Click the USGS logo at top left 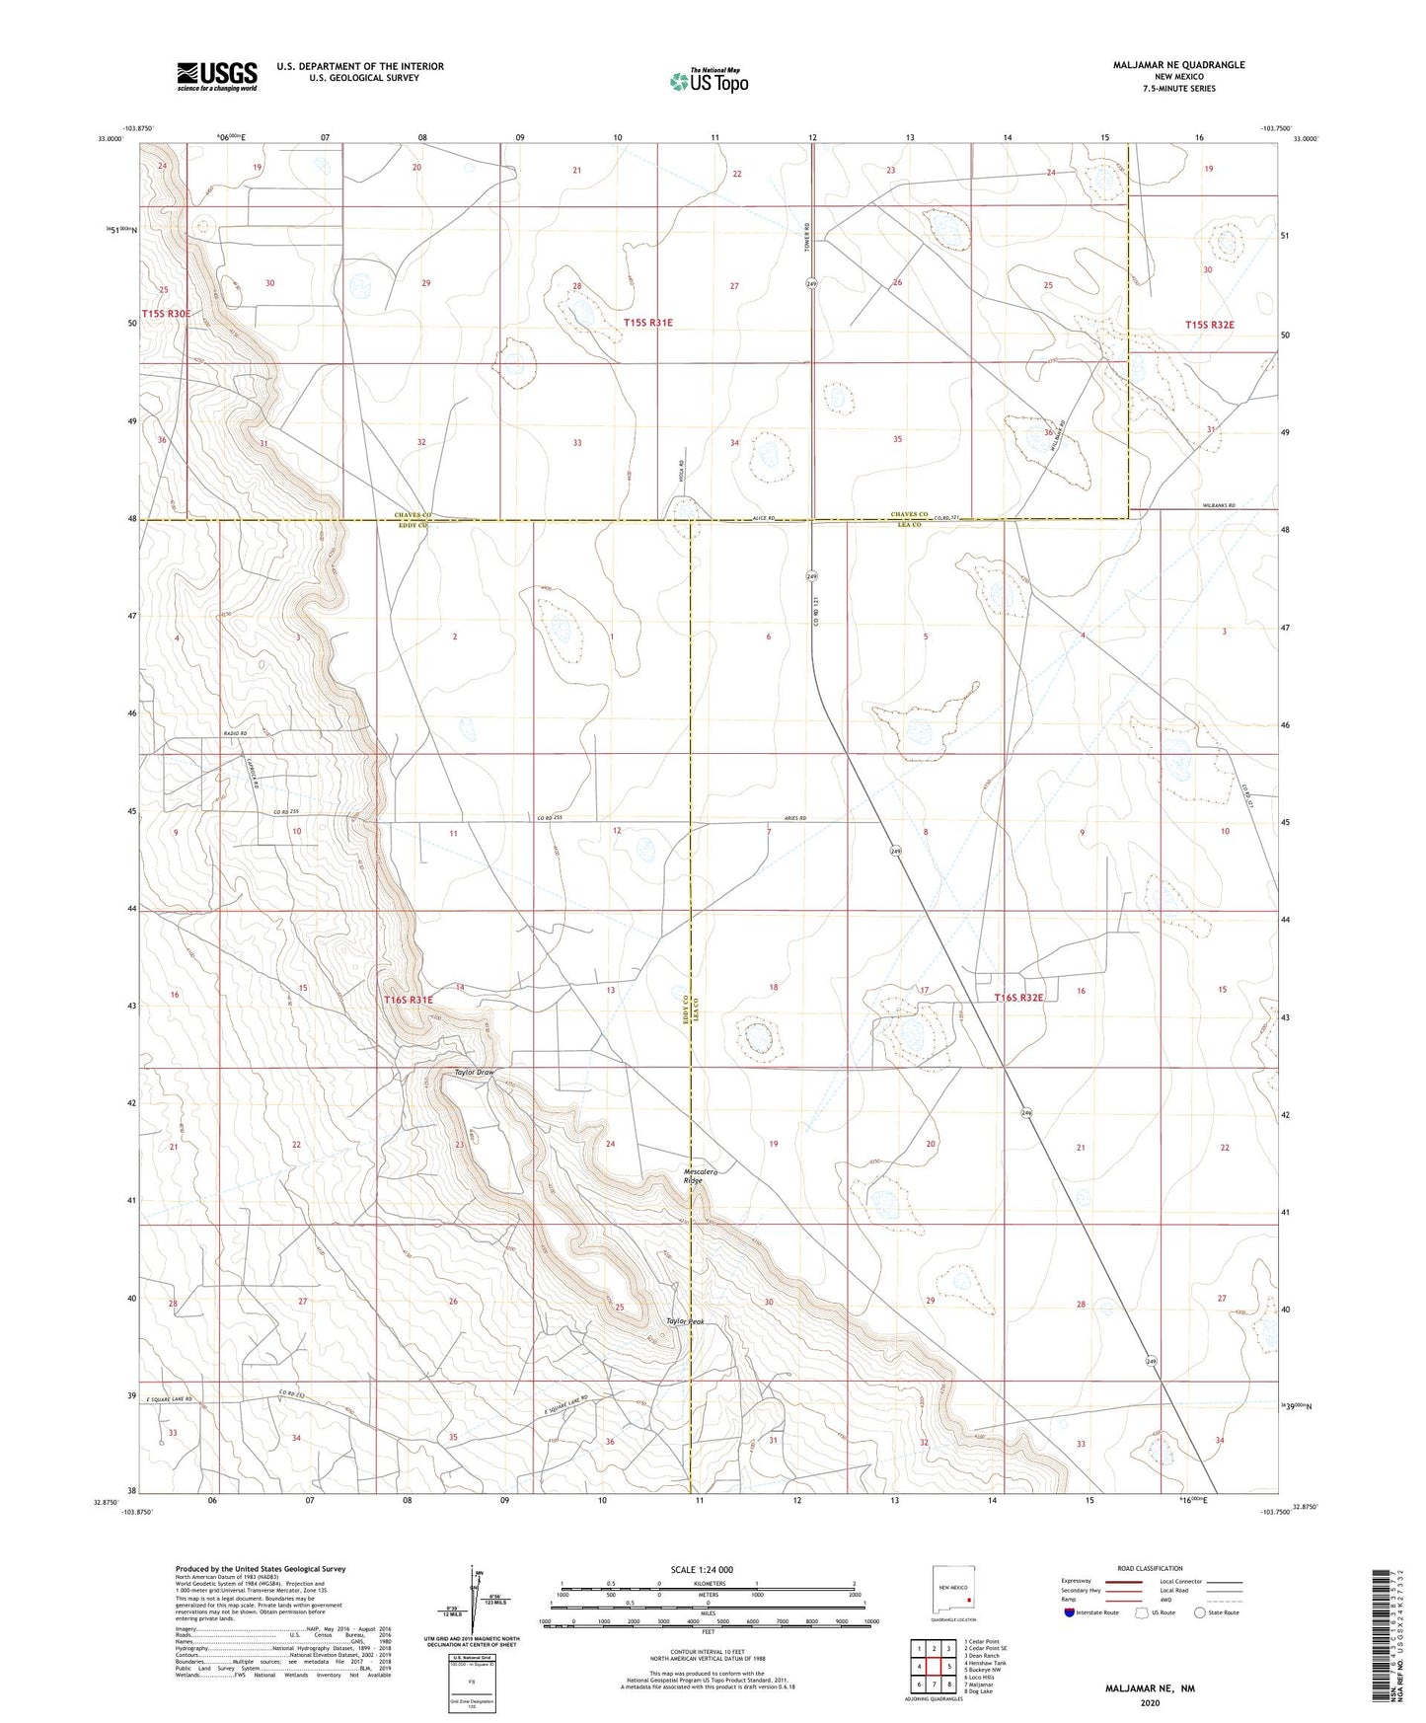click(x=217, y=76)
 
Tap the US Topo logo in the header click(x=709, y=81)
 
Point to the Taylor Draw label click(x=473, y=1072)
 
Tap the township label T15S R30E click(x=166, y=314)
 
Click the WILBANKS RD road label click(x=1225, y=505)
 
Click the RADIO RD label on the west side click(x=235, y=734)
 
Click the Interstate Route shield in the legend click(x=1071, y=1612)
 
